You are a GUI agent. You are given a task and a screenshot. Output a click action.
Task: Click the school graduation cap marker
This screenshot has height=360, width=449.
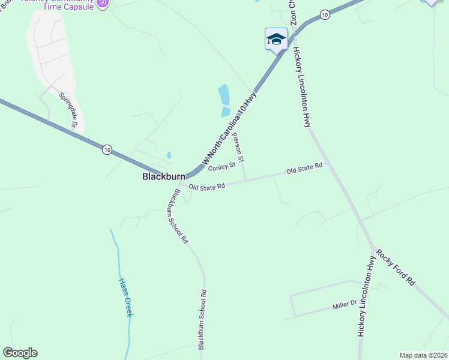point(276,40)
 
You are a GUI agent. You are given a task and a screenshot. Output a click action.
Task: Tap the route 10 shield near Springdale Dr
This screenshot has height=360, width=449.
point(107,149)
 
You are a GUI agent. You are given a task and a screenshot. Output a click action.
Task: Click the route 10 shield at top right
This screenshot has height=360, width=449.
point(325,14)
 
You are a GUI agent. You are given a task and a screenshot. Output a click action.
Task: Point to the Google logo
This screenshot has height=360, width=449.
point(20,353)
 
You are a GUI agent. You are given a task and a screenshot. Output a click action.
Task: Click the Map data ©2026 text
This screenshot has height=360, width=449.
point(423,355)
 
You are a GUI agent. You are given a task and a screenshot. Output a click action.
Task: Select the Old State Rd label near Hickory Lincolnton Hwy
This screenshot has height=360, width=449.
point(304,169)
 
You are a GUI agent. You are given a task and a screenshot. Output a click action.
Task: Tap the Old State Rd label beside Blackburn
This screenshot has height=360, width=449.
point(206,187)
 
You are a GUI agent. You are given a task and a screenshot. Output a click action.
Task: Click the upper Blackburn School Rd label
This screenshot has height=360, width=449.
point(178,216)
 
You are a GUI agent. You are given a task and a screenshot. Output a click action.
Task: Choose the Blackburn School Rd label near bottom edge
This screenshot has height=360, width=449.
point(203,319)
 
